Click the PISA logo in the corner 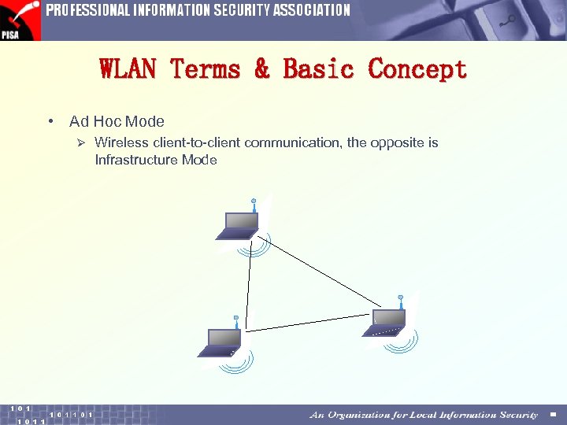pos(20,20)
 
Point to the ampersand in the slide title pos(261,69)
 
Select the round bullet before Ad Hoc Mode pos(50,122)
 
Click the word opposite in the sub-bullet pos(398,143)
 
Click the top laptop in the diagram pos(238,225)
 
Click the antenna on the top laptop pos(254,205)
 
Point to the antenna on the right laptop pos(401,301)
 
